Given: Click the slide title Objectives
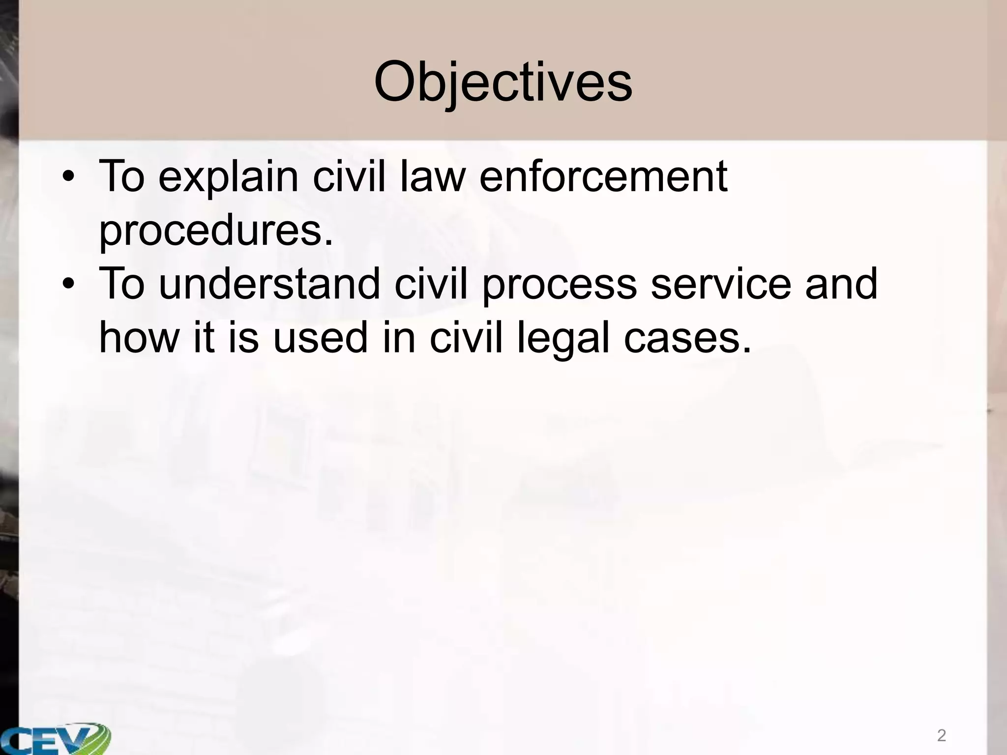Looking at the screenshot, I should (503, 82).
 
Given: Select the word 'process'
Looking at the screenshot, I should (560, 285).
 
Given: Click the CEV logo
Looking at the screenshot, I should (54, 737).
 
